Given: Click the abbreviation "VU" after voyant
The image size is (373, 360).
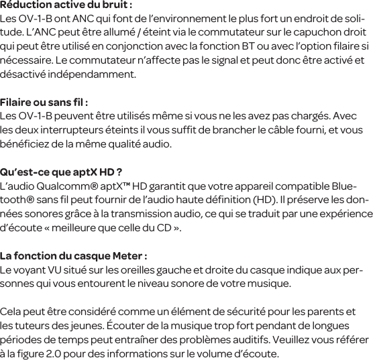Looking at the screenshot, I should [x=53, y=269].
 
